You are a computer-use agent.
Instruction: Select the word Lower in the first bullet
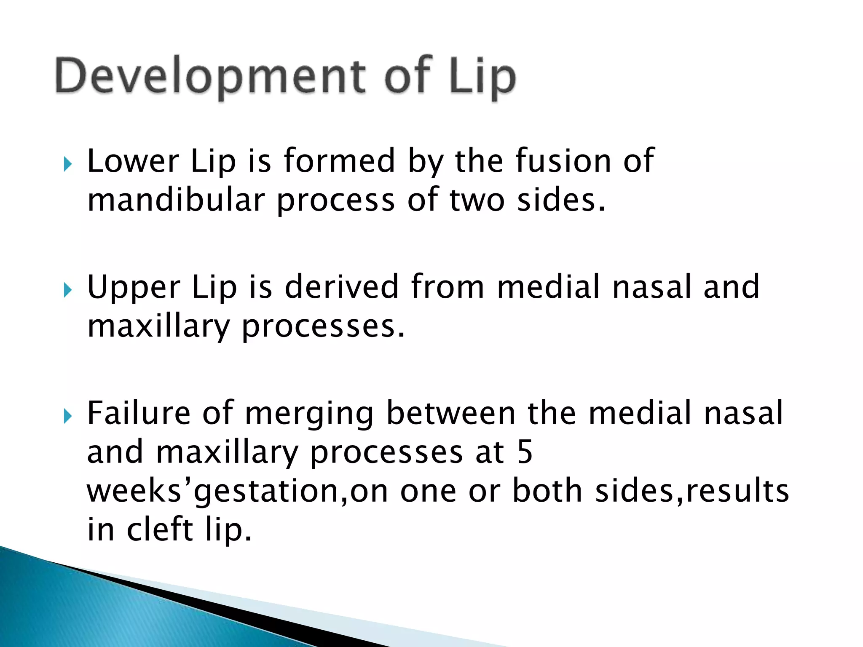[x=133, y=161]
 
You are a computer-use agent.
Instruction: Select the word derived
[x=342, y=287]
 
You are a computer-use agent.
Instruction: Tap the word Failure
[x=139, y=413]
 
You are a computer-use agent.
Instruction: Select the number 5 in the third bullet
[x=525, y=452]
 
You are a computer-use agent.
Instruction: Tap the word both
[x=547, y=491]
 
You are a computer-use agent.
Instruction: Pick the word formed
[x=339, y=161]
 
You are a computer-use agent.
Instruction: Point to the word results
[x=737, y=491]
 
